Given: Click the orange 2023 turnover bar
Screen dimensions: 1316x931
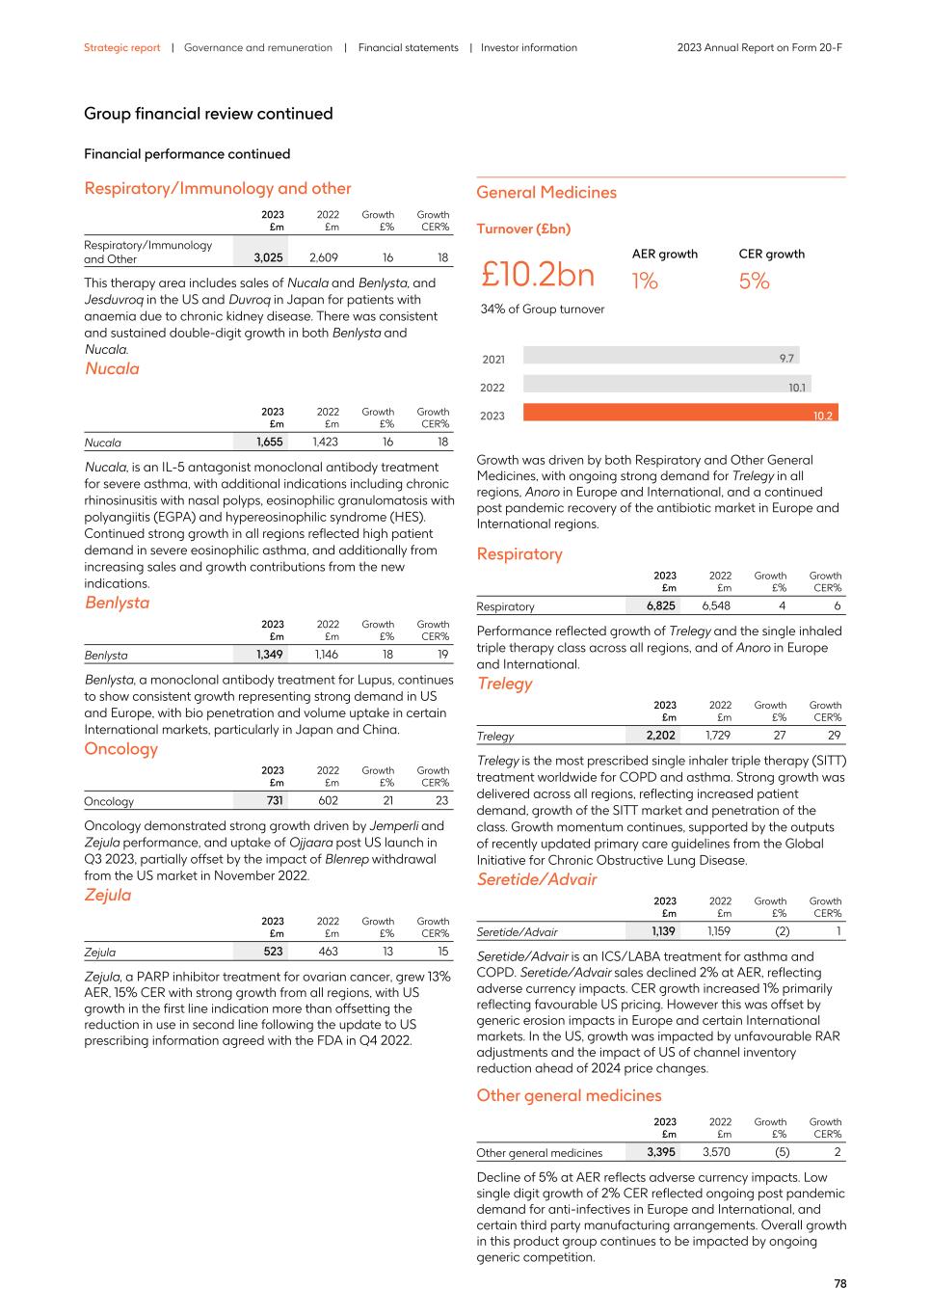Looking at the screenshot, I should coord(679,413).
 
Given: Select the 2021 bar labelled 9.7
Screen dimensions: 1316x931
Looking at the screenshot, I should coord(660,356).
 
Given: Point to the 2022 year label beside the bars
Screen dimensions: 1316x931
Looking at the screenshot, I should coord(492,388).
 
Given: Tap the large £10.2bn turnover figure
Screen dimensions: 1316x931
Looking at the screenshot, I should coord(538,275).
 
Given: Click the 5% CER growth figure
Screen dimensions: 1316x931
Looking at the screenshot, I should coord(754,281).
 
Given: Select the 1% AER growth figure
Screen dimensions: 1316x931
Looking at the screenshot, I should coord(645,281).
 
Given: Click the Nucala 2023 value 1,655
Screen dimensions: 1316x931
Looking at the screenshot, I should coord(269,443).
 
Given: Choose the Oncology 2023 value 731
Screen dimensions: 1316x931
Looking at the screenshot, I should coord(274,801).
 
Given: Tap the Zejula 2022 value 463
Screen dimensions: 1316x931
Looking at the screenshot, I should coord(328,952).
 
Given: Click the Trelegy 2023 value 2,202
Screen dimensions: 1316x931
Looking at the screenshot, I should coord(660,736).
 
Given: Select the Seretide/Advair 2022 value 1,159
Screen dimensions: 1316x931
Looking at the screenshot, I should coord(718,931).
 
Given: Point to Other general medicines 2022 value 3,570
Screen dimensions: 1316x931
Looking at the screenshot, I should coord(716,1152).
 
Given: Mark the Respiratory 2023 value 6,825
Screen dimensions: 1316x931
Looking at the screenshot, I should coord(660,606).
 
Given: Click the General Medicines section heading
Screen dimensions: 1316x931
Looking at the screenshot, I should coord(546,193).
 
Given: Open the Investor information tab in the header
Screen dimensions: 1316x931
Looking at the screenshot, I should coord(528,47).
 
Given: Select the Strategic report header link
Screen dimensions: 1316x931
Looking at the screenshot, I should coord(121,47).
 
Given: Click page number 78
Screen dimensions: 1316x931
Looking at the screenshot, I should coord(839,1284).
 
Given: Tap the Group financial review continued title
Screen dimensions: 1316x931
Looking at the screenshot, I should coord(208,114).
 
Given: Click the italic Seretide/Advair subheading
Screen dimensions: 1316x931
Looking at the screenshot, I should coord(537,879).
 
